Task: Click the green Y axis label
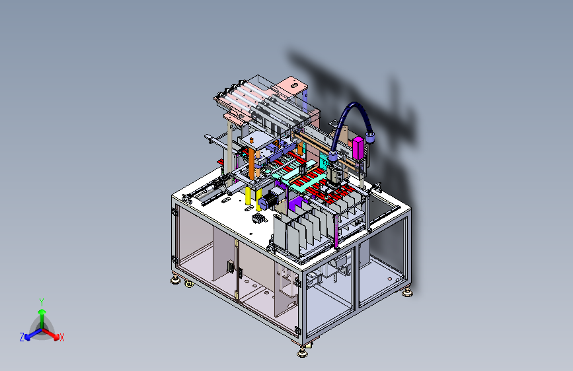pyautogui.click(x=42, y=302)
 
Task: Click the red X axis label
pyautogui.click(x=61, y=337)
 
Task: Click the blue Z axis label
pyautogui.click(x=22, y=337)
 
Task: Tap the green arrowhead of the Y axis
pyautogui.click(x=42, y=312)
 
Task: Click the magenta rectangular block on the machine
pyautogui.click(x=358, y=148)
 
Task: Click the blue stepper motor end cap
pyautogui.click(x=262, y=203)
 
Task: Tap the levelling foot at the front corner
pyautogui.click(x=302, y=353)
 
